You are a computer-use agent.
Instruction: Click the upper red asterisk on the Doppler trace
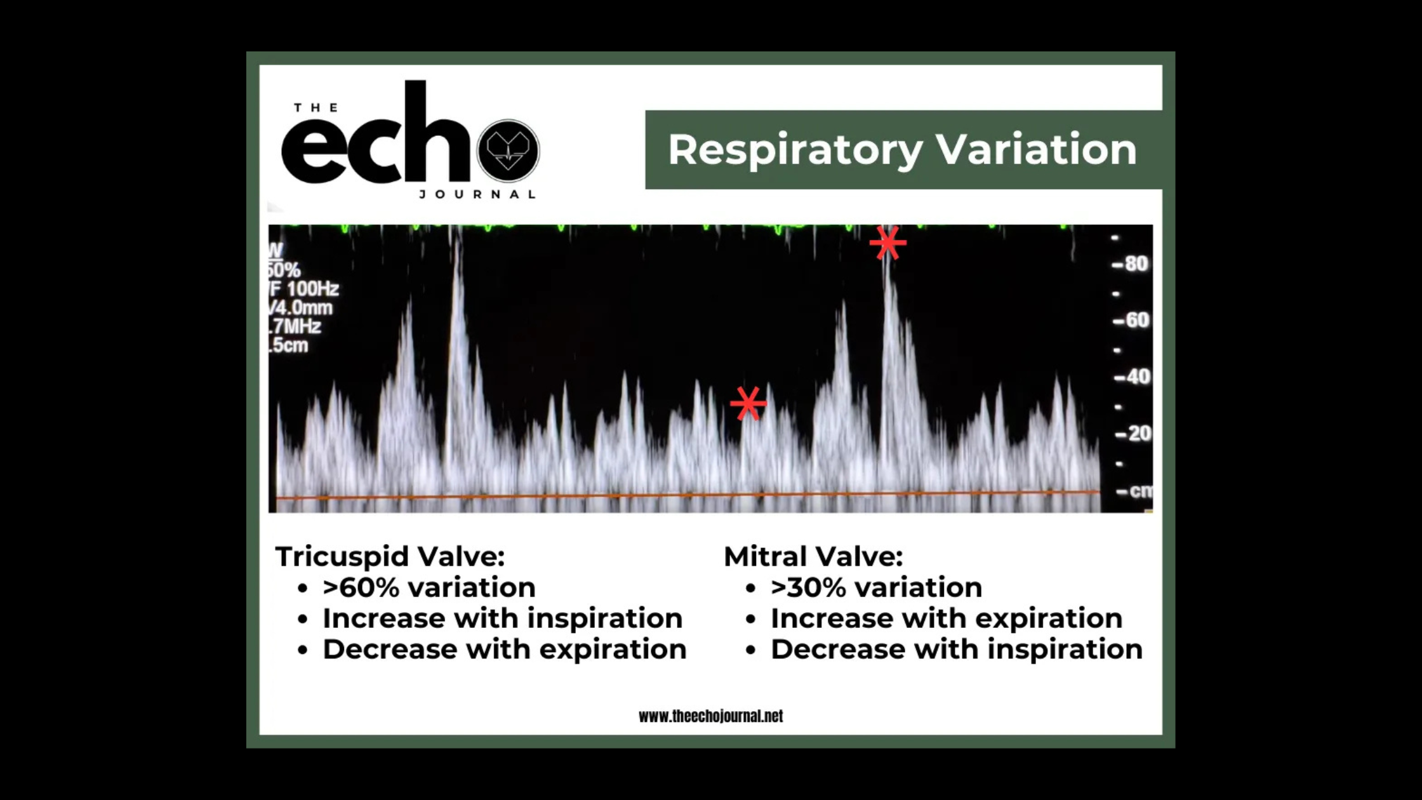point(887,243)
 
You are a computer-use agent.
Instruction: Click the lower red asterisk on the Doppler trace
point(748,403)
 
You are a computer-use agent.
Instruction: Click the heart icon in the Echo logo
point(508,150)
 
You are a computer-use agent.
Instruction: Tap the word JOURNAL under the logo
point(477,194)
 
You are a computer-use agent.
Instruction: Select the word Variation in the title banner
point(1036,149)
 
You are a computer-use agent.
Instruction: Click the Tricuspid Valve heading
point(390,557)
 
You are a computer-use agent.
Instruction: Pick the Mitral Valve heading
point(813,557)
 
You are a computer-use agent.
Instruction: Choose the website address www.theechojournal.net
point(710,716)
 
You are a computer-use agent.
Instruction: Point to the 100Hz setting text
point(312,290)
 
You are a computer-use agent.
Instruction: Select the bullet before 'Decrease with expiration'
point(303,651)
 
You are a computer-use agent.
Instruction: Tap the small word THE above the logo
point(316,108)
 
